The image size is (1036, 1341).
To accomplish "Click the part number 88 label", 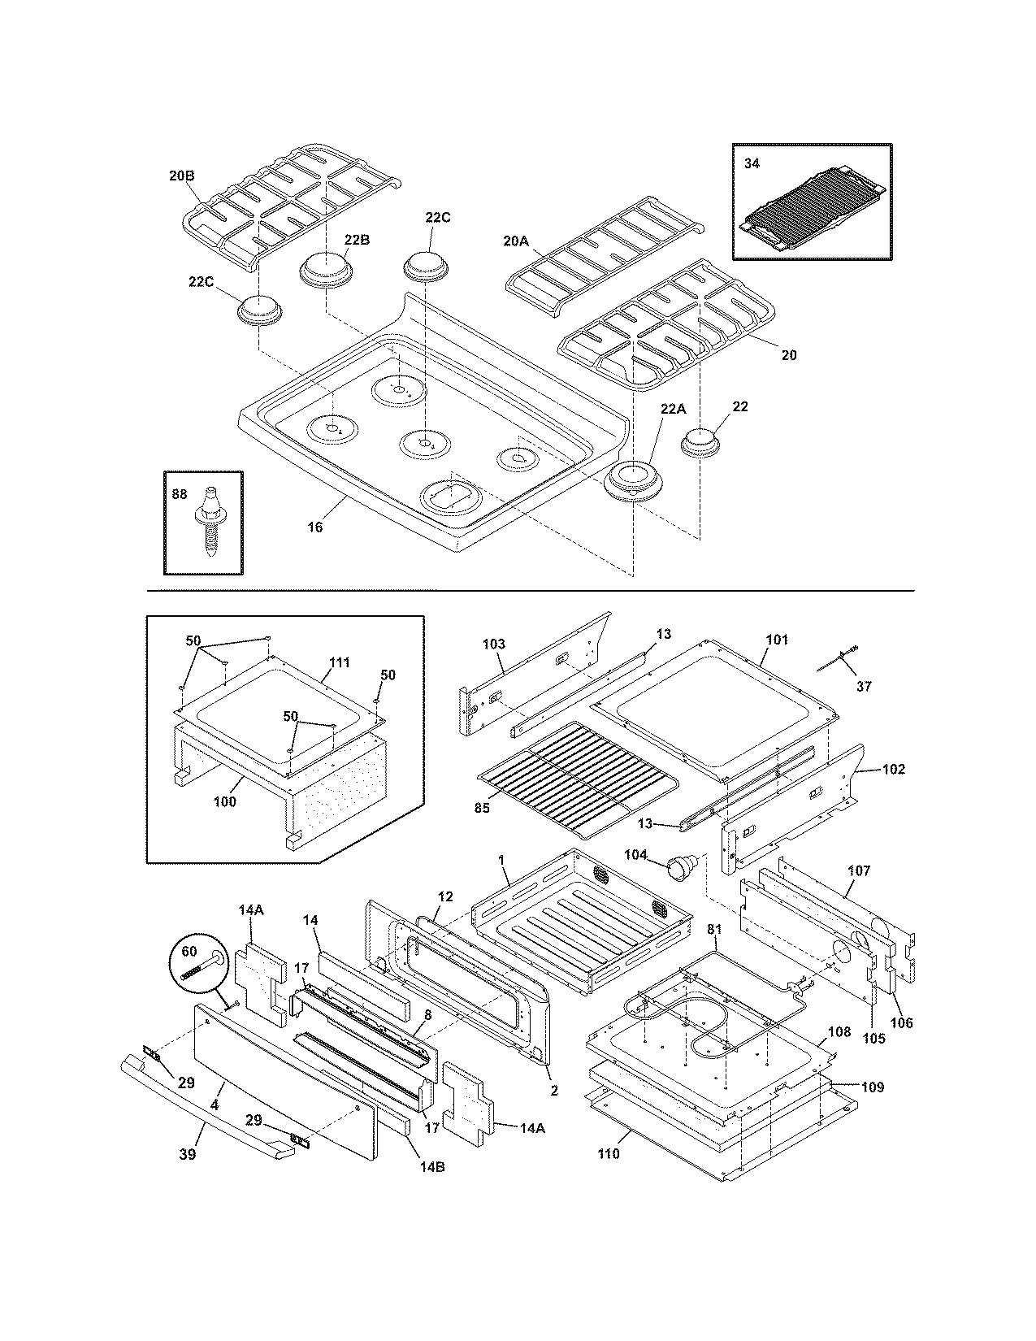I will pyautogui.click(x=178, y=493).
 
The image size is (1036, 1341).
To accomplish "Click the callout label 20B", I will pyautogui.click(x=182, y=174).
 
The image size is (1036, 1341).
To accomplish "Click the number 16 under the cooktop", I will pyautogui.click(x=314, y=527).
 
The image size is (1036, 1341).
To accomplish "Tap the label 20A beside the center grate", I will pyautogui.click(x=515, y=240).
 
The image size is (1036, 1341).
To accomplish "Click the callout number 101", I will pyautogui.click(x=777, y=640).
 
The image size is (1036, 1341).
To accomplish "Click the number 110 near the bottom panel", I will pyautogui.click(x=608, y=1152).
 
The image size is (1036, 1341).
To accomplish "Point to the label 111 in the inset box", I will pyautogui.click(x=340, y=662).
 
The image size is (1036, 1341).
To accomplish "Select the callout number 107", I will pyautogui.click(x=858, y=870).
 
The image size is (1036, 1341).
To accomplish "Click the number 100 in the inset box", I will pyautogui.click(x=224, y=801).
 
